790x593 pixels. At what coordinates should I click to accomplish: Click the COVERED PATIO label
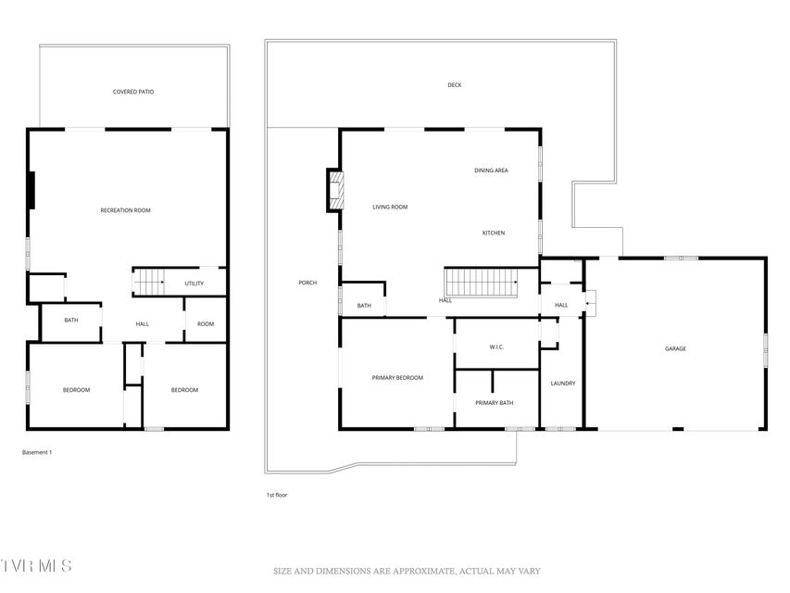point(133,92)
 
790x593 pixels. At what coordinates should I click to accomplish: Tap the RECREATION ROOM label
point(125,210)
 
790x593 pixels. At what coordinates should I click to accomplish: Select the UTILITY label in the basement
point(194,284)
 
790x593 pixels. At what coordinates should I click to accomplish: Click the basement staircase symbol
point(148,282)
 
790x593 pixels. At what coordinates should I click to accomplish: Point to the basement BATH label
point(71,321)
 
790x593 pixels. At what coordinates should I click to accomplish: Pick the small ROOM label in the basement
point(206,323)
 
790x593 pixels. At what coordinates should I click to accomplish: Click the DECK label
point(455,85)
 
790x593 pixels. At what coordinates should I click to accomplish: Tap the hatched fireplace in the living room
point(336,191)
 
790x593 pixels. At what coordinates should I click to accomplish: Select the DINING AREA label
point(491,170)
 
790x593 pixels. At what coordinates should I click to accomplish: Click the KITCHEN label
point(494,233)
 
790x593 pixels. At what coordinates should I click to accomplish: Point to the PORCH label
point(307,283)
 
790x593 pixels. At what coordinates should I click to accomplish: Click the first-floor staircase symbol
point(482,283)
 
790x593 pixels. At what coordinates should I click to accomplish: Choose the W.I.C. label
point(496,347)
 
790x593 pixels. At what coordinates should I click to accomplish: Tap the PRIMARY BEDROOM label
point(397,378)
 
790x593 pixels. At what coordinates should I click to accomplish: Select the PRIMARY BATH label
point(495,403)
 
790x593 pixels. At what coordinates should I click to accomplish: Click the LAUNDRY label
point(563,384)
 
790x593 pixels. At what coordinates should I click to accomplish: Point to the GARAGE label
point(675,348)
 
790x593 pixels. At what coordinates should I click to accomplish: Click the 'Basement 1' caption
point(37,452)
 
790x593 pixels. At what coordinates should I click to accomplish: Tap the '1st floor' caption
point(277,495)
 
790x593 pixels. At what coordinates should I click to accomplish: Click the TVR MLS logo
point(36,566)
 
